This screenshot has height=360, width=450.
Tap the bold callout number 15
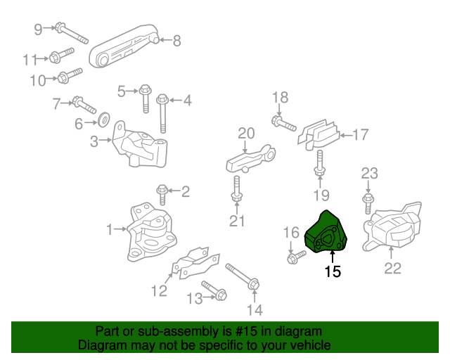pos(333,271)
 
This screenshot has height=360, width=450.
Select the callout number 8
pos(176,41)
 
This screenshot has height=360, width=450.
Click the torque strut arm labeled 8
pos(127,46)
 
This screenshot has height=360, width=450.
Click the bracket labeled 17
pos(321,134)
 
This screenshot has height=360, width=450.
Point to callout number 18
pos(280,97)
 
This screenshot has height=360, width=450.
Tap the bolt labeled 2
pos(162,190)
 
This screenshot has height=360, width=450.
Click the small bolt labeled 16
pos(295,258)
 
